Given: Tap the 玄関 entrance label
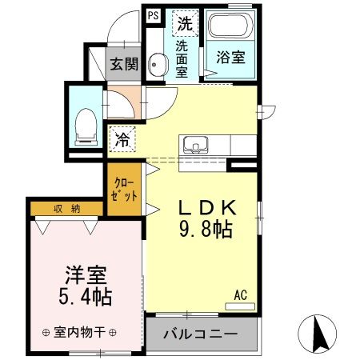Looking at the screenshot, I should click(x=122, y=65).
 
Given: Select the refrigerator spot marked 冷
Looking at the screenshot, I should click(x=122, y=138).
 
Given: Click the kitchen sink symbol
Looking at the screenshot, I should click(x=194, y=146).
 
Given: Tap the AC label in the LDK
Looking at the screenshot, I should click(x=240, y=295).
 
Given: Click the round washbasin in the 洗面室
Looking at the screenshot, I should click(x=157, y=66).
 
